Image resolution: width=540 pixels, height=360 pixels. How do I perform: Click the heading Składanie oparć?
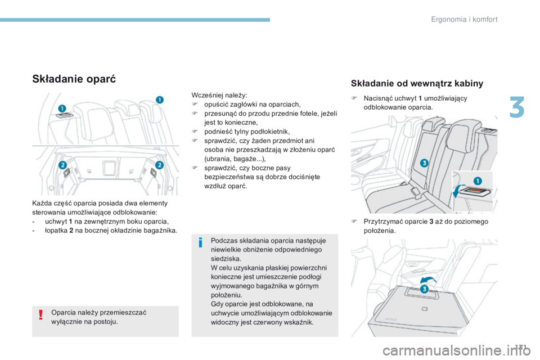(74, 79)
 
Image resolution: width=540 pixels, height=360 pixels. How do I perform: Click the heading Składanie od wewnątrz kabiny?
(417, 83)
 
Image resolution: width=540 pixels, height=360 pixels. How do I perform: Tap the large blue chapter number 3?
(517, 107)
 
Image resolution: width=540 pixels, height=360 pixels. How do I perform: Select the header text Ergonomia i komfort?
(464, 19)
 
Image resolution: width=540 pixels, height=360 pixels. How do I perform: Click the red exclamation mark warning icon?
(41, 314)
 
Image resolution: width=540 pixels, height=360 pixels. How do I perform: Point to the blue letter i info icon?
(200, 242)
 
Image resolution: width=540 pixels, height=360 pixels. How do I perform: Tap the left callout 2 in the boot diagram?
(62, 165)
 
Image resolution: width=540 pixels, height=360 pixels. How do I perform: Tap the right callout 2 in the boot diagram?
(159, 165)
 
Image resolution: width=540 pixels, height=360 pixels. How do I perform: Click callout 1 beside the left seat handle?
(62, 109)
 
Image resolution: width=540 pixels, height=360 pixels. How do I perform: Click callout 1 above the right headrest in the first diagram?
(159, 100)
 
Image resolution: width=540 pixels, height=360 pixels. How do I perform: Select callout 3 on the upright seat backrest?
(424, 163)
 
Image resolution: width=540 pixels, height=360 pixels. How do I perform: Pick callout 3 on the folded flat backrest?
(424, 289)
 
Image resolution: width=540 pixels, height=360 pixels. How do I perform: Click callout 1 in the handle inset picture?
(478, 181)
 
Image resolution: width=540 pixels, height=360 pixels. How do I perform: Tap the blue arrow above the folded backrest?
(429, 280)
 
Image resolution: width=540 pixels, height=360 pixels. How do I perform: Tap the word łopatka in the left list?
(56, 231)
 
